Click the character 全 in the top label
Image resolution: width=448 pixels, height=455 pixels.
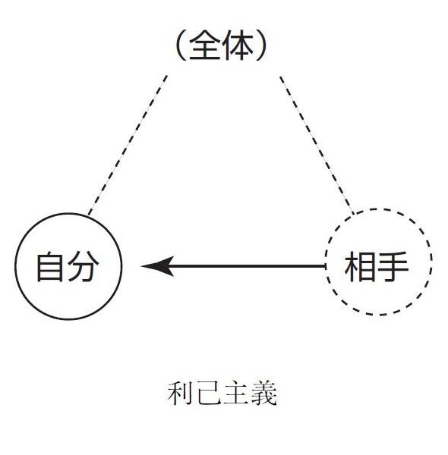pos(204,45)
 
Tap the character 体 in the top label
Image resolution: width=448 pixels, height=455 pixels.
pos(238,45)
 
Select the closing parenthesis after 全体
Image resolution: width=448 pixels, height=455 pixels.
pos(261,45)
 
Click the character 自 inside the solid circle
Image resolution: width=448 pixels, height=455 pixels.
pos(49,266)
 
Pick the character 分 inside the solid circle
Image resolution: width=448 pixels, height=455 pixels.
pos(83,266)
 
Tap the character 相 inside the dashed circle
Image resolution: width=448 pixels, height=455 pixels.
pos(360,266)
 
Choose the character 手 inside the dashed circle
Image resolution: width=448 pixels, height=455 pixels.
pos(393,266)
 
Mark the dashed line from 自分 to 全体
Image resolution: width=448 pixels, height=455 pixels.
pos(128,145)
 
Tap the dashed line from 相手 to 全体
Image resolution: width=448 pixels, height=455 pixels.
pos(317,145)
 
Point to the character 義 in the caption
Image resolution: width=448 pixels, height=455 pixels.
pos(264,394)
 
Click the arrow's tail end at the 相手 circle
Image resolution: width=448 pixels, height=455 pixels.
pos(326,266)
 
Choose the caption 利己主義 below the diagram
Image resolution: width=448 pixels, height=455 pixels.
pos(222,394)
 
